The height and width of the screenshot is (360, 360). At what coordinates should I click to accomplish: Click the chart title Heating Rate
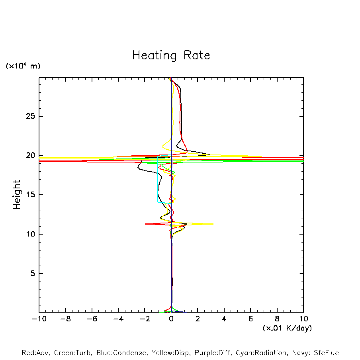tap(171, 55)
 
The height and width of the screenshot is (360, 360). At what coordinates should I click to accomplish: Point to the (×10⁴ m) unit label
tap(23, 66)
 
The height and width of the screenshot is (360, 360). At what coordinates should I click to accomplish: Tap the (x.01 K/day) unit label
tap(287, 328)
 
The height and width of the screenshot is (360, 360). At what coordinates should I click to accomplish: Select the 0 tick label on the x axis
tap(171, 319)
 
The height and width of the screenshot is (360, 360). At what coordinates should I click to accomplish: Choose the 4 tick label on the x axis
tap(224, 319)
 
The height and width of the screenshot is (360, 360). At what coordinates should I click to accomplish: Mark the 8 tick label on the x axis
tap(277, 319)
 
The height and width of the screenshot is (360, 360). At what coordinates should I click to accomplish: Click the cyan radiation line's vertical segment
tap(158, 179)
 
